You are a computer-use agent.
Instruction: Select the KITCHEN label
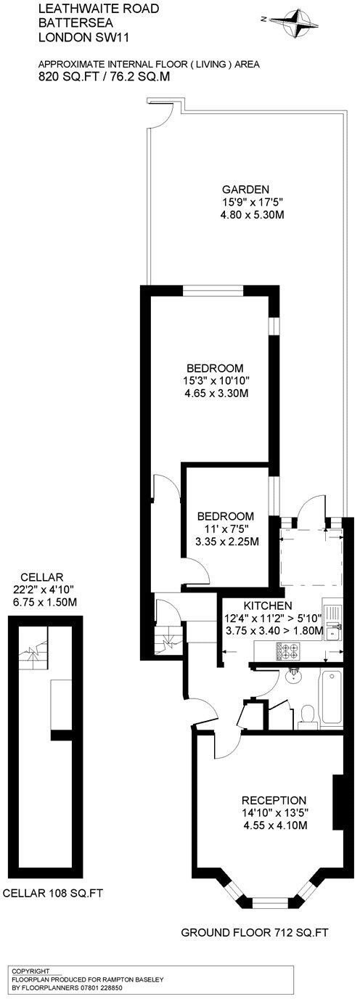(268, 605)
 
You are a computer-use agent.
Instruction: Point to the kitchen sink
(333, 628)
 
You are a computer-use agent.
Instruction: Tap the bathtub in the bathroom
(331, 698)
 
